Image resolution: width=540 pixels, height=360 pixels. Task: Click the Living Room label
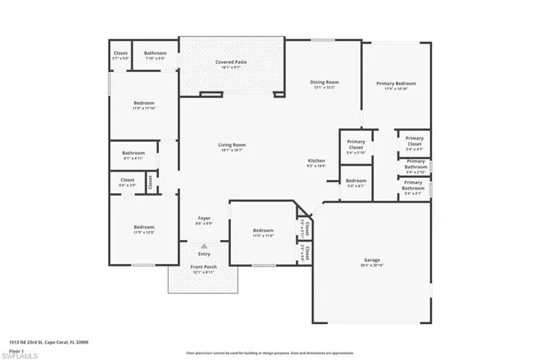click(232, 145)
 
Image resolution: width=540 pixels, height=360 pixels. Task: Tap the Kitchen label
click(316, 161)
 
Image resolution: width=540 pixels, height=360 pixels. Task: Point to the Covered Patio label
click(231, 63)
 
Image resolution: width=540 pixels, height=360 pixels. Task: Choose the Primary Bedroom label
click(396, 84)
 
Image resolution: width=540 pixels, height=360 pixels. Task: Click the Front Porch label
click(203, 267)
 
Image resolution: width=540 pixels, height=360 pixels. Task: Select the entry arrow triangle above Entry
click(203, 245)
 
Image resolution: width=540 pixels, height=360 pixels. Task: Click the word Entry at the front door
click(204, 253)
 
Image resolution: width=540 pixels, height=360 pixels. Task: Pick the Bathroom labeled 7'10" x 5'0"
click(155, 53)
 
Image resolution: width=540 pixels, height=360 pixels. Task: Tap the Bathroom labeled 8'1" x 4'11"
click(133, 153)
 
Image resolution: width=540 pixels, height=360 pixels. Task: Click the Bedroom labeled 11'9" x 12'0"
click(144, 227)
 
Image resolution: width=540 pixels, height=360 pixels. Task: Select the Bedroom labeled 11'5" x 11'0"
click(263, 231)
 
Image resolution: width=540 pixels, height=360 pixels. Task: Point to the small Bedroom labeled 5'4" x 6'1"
click(356, 181)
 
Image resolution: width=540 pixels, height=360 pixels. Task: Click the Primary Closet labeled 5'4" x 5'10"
click(355, 145)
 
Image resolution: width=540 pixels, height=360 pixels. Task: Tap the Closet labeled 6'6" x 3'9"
click(127, 180)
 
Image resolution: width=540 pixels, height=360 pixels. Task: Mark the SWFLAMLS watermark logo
click(22, 352)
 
